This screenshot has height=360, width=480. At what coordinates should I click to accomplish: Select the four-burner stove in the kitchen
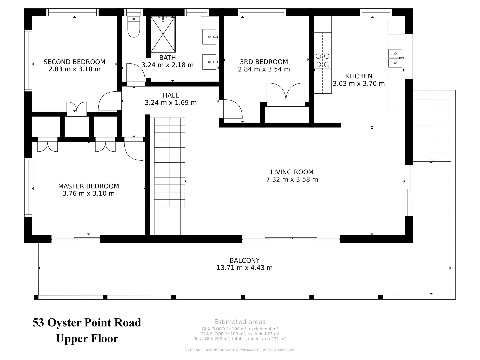pos(323,60)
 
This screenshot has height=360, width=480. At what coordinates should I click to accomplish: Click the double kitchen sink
pos(395,58)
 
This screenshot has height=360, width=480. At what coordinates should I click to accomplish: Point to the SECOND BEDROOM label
pos(74,62)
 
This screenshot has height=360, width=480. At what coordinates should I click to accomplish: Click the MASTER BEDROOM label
pos(88,186)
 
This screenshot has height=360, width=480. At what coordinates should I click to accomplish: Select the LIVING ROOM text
pos(292,172)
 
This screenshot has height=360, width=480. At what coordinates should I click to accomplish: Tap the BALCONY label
pos(244,260)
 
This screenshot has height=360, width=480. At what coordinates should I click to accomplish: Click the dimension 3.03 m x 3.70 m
pos(359,83)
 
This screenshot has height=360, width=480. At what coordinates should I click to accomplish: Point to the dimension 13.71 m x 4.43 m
pos(244,268)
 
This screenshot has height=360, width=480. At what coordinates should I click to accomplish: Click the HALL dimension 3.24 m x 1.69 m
pos(171,103)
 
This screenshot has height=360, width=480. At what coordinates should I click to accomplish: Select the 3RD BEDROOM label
pos(264,62)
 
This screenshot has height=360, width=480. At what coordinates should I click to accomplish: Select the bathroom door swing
pos(135,73)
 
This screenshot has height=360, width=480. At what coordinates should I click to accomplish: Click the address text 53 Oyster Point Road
pos(87,323)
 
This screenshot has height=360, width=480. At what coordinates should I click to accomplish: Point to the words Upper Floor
pos(87,339)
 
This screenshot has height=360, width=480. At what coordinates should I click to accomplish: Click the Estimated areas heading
pos(240,322)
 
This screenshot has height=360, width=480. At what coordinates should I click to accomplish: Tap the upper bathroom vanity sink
pos(210,36)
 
